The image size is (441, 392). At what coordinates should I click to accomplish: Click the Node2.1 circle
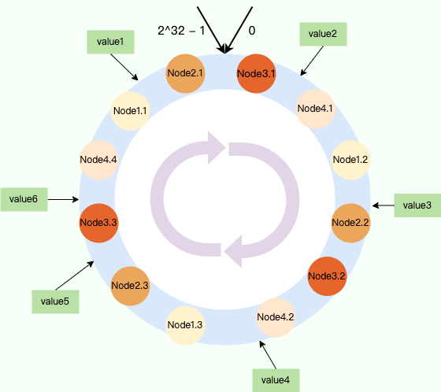point(185,73)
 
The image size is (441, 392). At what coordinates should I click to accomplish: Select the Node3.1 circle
point(256,73)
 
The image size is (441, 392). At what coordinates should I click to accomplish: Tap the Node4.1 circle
point(315,109)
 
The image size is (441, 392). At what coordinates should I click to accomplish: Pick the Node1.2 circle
point(350,160)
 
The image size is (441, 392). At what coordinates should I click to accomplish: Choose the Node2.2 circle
point(350,223)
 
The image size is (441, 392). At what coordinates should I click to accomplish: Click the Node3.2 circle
point(327,276)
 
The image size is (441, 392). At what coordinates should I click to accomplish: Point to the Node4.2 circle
point(276,317)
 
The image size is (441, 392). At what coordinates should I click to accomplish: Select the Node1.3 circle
point(185,325)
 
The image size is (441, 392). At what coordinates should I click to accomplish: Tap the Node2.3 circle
point(130,286)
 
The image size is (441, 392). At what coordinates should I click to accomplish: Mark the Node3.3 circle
point(98,223)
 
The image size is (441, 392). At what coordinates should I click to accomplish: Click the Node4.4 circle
point(98,160)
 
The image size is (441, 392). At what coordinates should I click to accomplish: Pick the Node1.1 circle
point(130,111)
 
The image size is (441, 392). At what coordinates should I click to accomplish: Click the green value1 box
point(110,43)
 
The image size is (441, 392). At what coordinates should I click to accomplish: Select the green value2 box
point(323,34)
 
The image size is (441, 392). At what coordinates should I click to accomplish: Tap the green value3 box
point(417,205)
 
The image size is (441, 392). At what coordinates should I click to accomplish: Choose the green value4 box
point(276,380)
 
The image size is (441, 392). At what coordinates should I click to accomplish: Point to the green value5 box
point(55,301)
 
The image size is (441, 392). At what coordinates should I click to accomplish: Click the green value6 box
point(24,199)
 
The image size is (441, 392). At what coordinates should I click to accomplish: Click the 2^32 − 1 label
point(181,31)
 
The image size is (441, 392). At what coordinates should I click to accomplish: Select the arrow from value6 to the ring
point(63,199)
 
